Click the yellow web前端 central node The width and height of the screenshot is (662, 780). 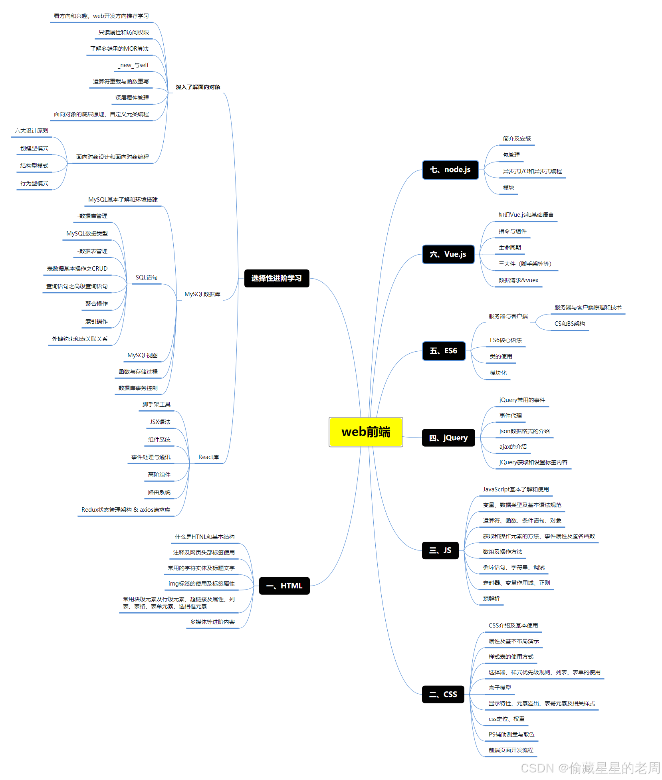(x=366, y=432)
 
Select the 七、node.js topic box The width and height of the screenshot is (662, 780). (x=450, y=170)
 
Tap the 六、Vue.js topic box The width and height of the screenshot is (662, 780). (x=448, y=254)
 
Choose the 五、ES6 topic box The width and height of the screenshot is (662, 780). (x=444, y=351)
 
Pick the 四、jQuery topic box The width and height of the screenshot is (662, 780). (x=448, y=438)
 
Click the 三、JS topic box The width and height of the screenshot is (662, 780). (x=440, y=550)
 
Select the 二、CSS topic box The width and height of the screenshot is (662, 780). (x=443, y=695)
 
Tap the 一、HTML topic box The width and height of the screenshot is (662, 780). (x=284, y=586)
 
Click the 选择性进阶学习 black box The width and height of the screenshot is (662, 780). (x=276, y=278)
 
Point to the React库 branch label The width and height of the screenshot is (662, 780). (x=208, y=457)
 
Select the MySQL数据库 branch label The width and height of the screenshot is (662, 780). (x=202, y=294)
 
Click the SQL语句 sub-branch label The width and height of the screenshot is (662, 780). (x=147, y=277)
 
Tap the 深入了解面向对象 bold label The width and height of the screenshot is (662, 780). (x=198, y=87)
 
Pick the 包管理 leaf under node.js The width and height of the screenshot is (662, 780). (x=511, y=155)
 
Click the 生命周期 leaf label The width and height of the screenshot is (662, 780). (x=509, y=247)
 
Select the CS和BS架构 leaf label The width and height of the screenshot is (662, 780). (x=569, y=324)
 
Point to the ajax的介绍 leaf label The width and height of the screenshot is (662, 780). (x=513, y=447)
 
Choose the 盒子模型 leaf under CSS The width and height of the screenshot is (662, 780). (x=499, y=688)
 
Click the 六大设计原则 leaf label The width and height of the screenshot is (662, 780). (x=32, y=131)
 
